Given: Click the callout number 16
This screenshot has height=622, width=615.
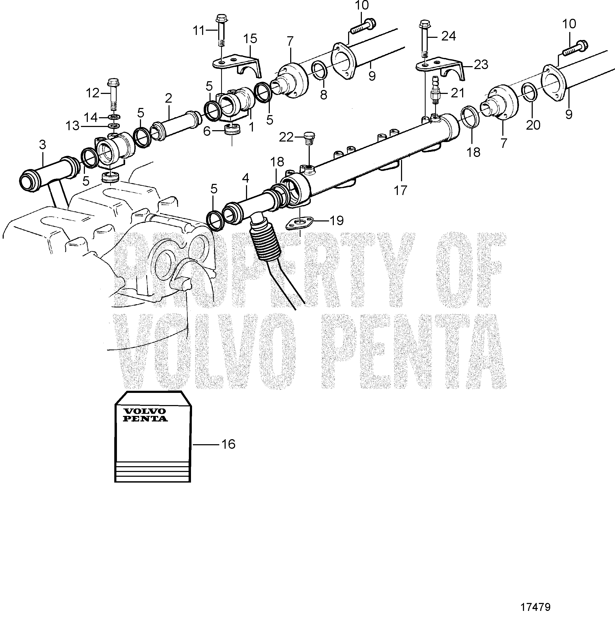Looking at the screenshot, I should [x=228, y=445].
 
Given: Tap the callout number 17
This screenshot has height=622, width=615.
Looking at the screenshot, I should [x=400, y=190].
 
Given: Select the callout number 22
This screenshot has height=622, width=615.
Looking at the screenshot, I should [x=286, y=138].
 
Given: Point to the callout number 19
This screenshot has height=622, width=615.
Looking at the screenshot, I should [x=336, y=221].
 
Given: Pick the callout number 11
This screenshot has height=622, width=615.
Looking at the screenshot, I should [x=199, y=31].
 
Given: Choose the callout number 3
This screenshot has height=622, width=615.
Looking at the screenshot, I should [x=43, y=145].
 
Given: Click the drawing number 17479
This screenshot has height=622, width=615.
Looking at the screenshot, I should [x=535, y=607].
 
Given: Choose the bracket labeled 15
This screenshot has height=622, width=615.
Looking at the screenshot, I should [x=238, y=65].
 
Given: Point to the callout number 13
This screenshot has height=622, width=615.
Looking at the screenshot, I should [x=72, y=126].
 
